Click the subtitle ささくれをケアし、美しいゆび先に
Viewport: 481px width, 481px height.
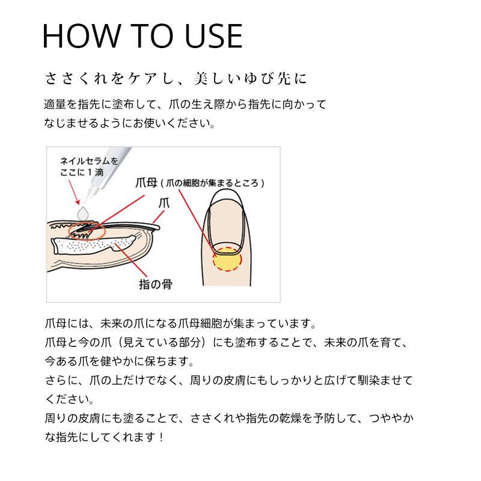coord(177,79)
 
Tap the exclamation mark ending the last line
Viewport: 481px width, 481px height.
coord(161,437)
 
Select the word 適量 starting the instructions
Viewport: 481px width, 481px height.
coord(53,104)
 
